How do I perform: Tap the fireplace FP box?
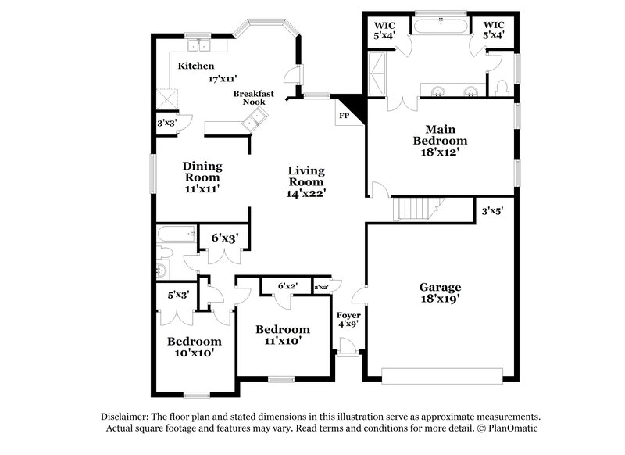coord(343,115)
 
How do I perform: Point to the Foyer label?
coord(348,315)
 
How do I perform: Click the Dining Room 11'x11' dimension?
coord(202,188)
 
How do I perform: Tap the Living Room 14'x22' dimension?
coord(306,192)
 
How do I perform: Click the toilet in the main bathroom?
coord(502,84)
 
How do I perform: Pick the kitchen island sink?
coord(254,120)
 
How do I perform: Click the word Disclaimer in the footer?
coord(126,417)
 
